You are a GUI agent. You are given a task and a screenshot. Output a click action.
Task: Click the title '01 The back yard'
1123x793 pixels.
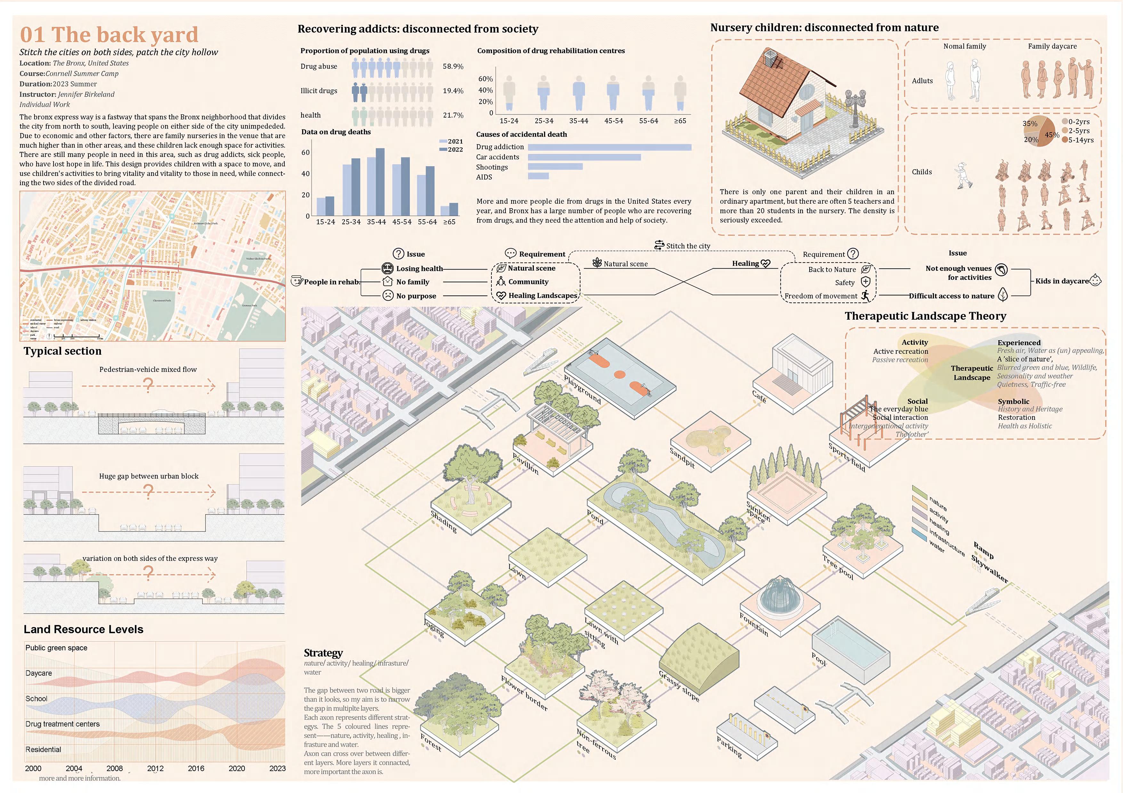coord(109,35)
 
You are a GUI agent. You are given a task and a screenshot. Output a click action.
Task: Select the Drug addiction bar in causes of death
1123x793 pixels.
coord(609,147)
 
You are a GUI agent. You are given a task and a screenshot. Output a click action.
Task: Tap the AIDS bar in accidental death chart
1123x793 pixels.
coord(538,177)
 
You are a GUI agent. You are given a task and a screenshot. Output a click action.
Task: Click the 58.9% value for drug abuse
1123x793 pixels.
coord(453,67)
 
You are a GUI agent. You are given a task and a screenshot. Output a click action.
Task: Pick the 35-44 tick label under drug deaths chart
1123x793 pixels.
coord(376,222)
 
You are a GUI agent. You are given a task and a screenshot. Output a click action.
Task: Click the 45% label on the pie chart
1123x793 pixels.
coord(1052,135)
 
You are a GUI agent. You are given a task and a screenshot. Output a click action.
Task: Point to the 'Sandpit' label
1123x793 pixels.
coord(682,457)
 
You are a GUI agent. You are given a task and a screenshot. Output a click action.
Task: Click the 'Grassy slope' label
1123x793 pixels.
coord(679,686)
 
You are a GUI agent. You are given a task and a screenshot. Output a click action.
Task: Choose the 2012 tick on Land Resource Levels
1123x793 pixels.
coord(155,768)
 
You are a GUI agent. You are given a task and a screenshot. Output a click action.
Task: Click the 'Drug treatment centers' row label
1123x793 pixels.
coord(63,724)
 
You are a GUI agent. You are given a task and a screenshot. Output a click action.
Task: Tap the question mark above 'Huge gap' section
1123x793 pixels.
coord(148,491)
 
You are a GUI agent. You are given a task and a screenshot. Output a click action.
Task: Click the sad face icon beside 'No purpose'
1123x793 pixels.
coord(387,295)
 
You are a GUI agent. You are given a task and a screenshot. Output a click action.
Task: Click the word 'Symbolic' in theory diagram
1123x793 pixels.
coord(1014,402)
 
